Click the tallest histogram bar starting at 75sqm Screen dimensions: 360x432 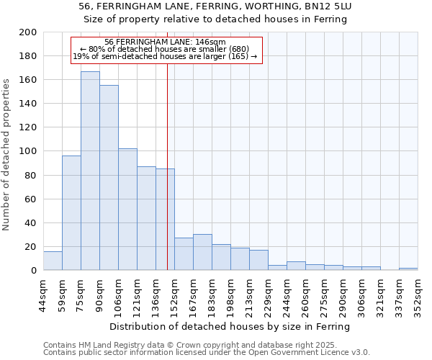coord(90,171)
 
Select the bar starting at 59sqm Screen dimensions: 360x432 coord(71,213)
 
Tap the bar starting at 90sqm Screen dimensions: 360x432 coord(109,178)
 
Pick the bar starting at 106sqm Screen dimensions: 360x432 coord(127,210)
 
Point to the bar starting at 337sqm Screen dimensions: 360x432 coord(408,269)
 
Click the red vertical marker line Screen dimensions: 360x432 coord(167,180)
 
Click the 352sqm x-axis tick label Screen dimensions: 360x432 coord(418,294)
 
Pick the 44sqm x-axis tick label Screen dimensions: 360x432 coord(43,294)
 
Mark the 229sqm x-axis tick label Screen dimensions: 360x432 coord(268,294)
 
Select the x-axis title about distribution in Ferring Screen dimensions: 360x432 coord(230,327)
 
